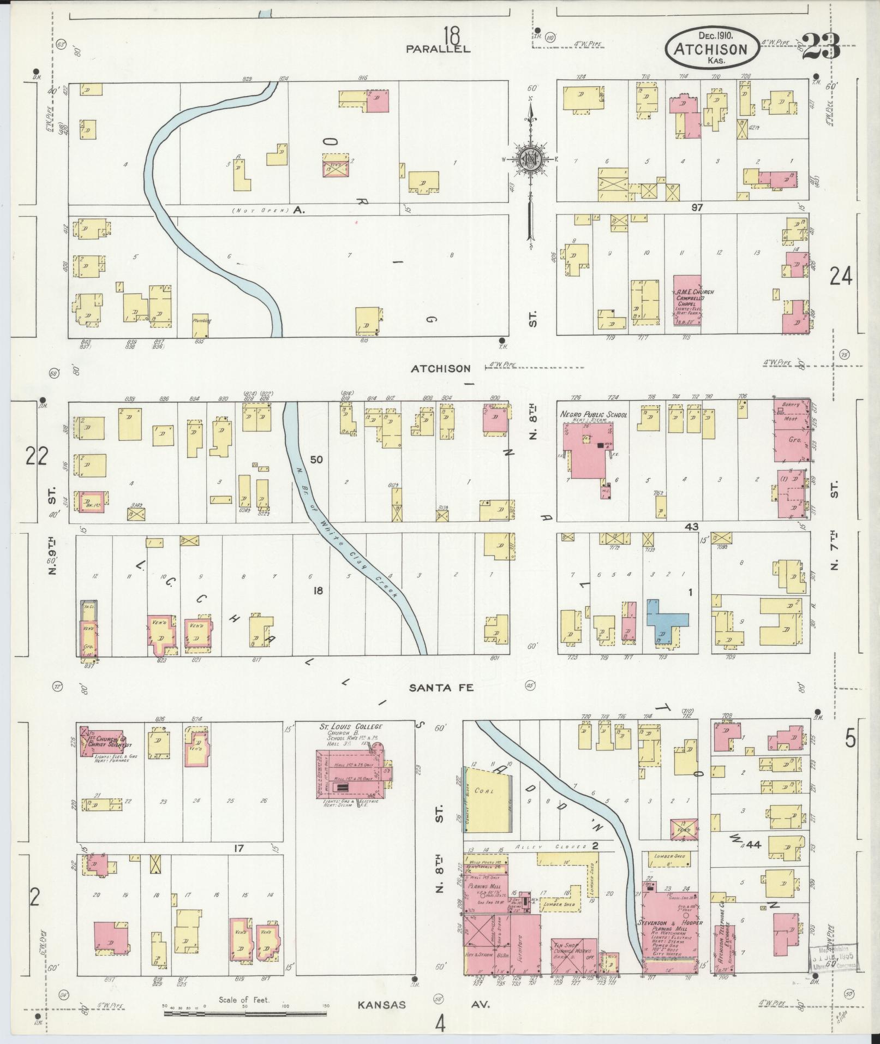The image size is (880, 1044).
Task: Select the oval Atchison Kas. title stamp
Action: click(711, 48)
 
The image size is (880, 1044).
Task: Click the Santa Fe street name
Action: click(441, 688)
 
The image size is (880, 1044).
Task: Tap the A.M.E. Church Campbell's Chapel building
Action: click(687, 303)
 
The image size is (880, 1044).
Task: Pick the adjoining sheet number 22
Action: click(38, 456)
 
